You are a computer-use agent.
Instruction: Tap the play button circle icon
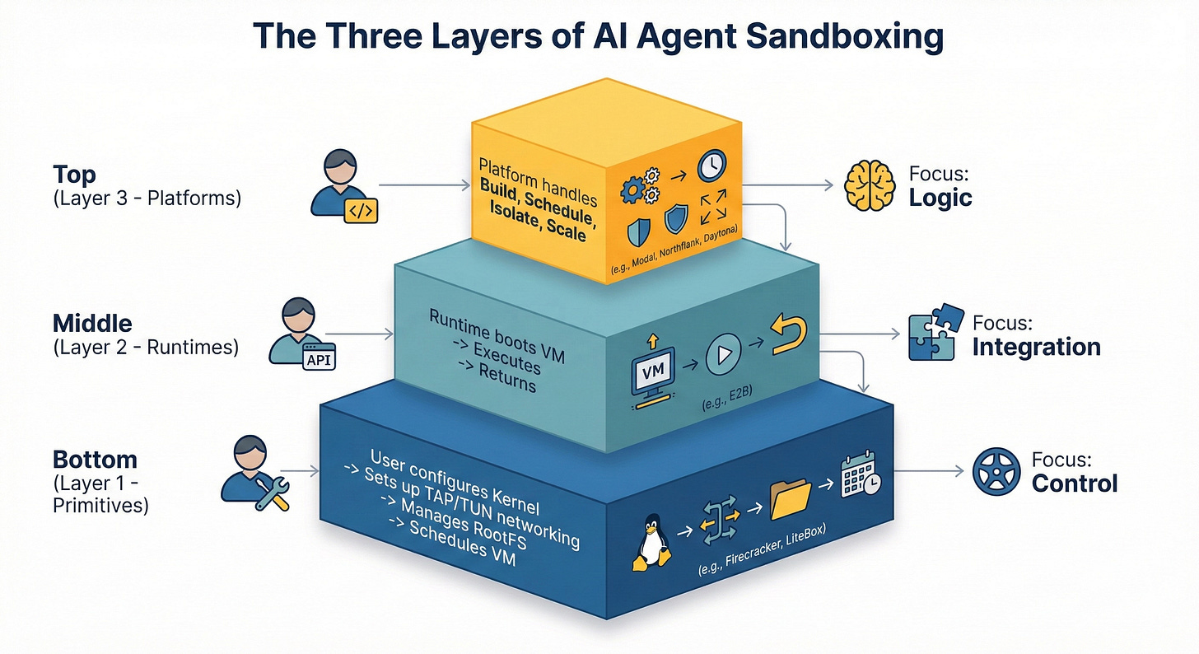pyautogui.click(x=722, y=355)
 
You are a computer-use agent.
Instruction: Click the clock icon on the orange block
pyautogui.click(x=711, y=166)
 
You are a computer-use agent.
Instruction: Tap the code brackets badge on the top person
pyautogui.click(x=359, y=211)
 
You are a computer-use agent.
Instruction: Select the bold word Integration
pyautogui.click(x=1036, y=347)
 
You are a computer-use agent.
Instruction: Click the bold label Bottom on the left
pyautogui.click(x=95, y=459)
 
